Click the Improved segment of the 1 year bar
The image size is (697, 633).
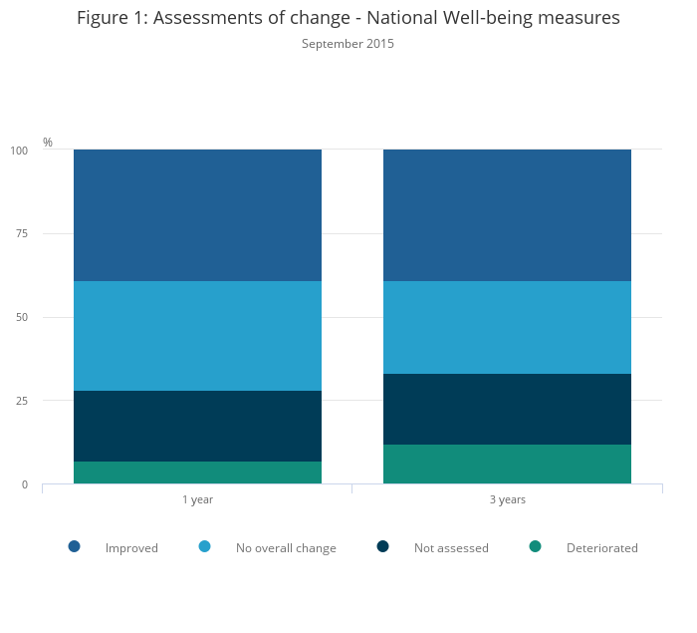(x=197, y=215)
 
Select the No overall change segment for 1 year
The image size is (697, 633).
(x=197, y=336)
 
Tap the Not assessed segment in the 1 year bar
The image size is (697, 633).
(x=197, y=426)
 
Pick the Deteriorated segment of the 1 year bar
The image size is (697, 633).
(x=197, y=473)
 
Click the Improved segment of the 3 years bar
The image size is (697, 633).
(x=507, y=215)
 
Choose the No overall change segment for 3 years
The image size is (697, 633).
(x=507, y=327)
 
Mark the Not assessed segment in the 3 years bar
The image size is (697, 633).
(x=507, y=409)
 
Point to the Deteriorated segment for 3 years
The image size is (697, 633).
(x=507, y=464)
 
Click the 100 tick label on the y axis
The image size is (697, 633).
(x=20, y=151)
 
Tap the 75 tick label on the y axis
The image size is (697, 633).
(x=22, y=234)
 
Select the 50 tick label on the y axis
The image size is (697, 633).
(x=22, y=318)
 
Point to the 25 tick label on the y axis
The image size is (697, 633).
(x=22, y=401)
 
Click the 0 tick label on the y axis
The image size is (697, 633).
(x=25, y=484)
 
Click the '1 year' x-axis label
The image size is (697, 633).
(x=197, y=499)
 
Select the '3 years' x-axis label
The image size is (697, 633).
(x=507, y=499)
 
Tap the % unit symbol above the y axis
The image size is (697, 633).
(x=48, y=143)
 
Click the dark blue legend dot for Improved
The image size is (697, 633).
(x=74, y=546)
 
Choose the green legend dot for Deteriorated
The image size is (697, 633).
(x=535, y=546)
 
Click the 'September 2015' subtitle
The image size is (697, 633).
(x=348, y=44)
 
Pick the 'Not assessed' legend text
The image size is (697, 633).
(x=451, y=548)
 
